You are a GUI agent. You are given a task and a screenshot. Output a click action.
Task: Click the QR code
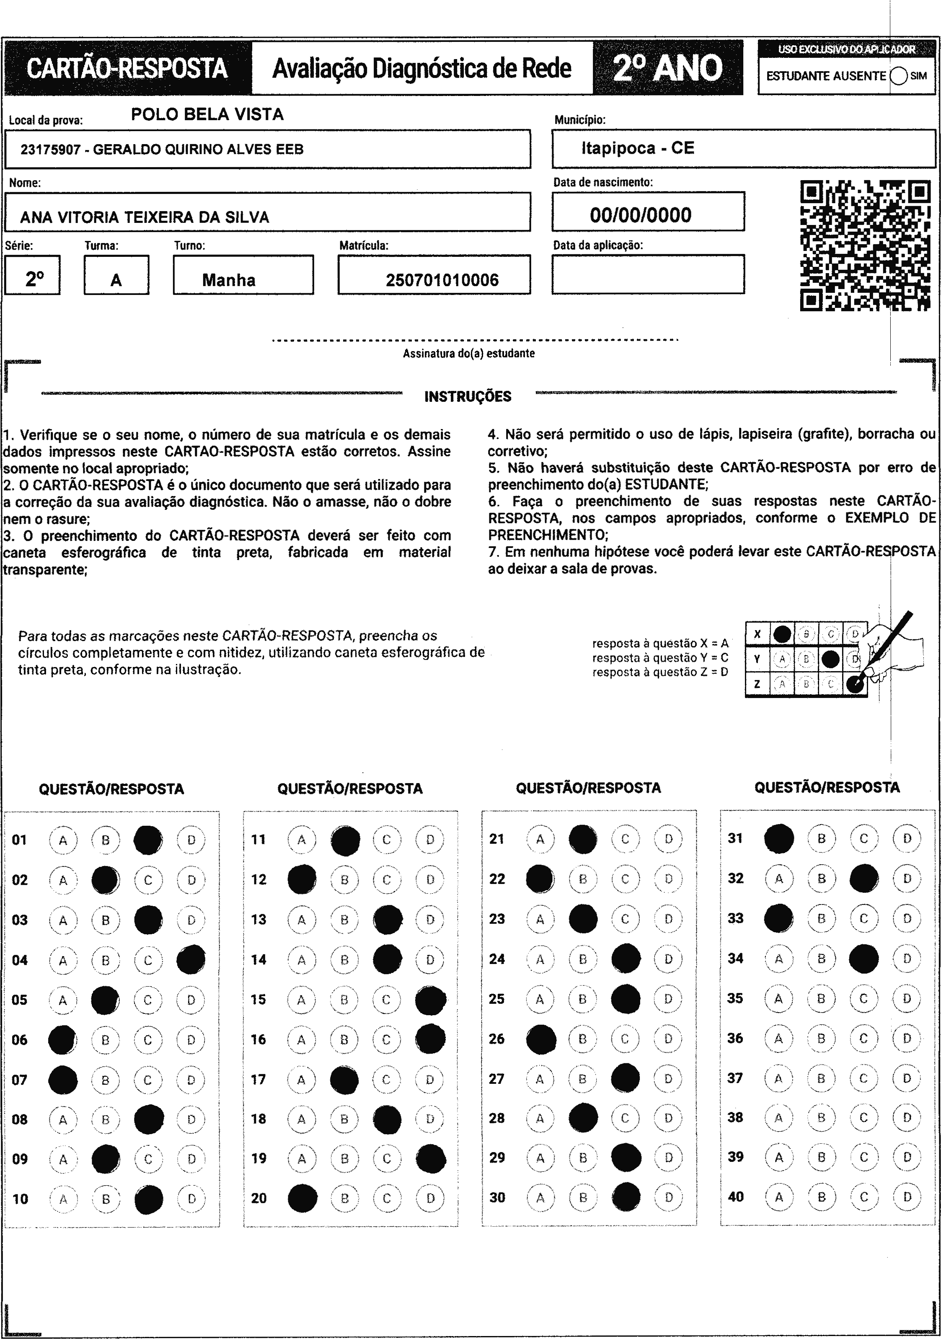[865, 246]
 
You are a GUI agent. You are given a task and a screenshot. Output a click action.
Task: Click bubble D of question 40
[907, 1197]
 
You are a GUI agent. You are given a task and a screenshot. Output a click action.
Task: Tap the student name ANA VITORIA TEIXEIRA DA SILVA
[145, 217]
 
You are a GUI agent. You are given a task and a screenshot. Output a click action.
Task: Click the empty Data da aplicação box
[648, 274]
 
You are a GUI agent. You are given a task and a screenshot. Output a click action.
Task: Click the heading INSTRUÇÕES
[468, 397]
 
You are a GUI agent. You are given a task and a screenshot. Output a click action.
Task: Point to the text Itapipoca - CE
[638, 148]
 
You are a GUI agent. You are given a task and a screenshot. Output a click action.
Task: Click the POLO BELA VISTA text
[207, 114]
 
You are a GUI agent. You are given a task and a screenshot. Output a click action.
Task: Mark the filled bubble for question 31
[779, 839]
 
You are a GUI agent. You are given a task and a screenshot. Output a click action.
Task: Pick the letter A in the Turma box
[116, 281]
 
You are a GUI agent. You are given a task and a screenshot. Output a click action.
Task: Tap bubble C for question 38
[863, 1117]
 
